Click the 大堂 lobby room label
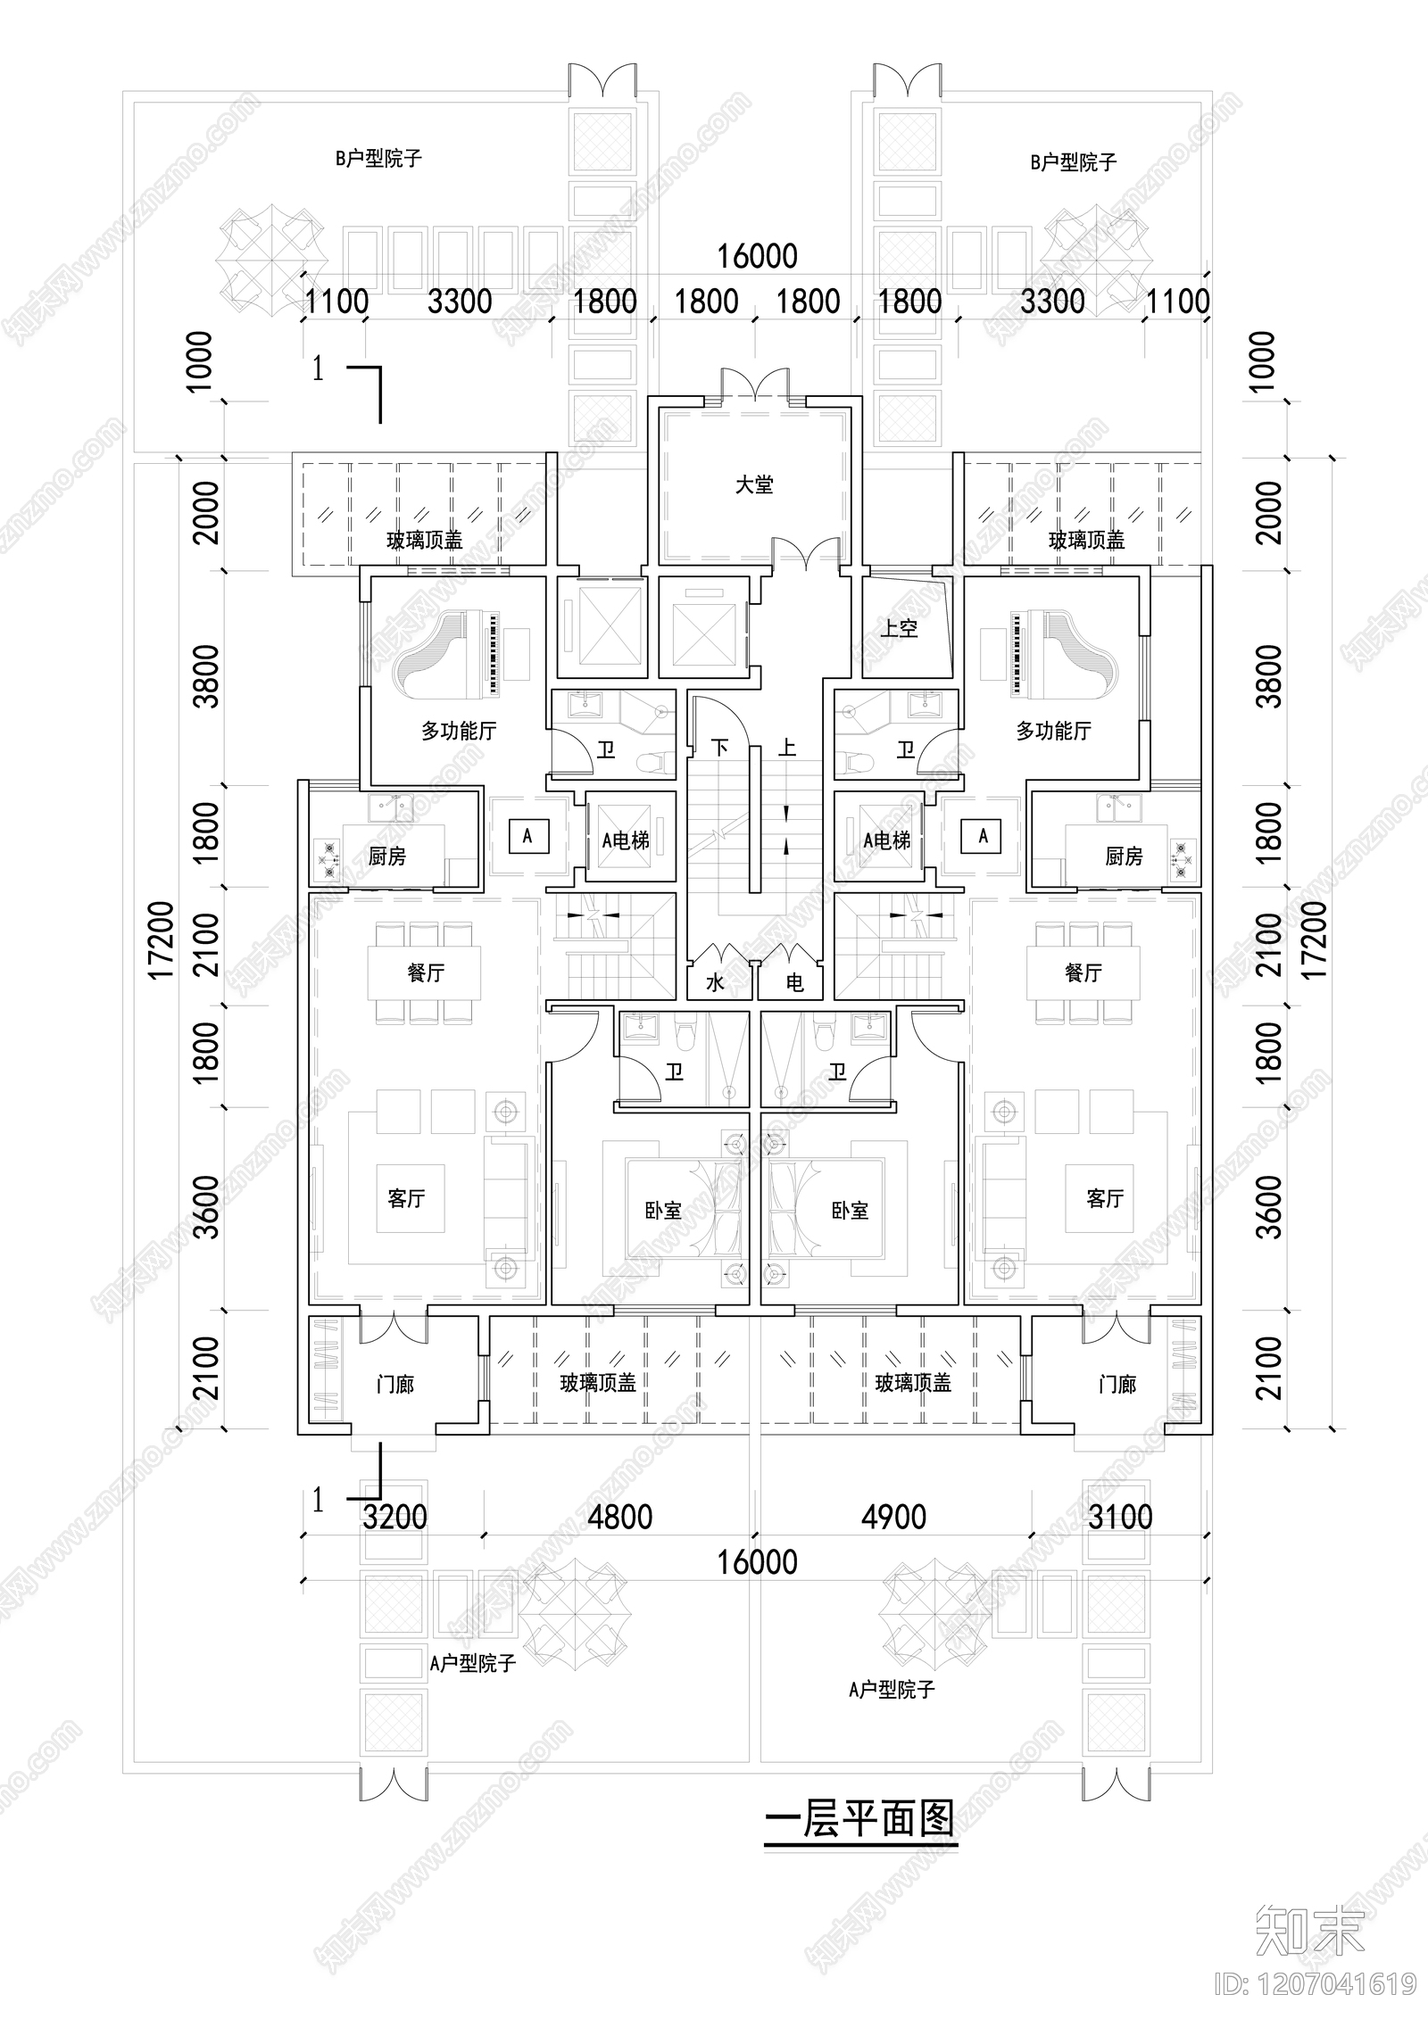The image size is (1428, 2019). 754,484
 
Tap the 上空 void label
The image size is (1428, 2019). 899,628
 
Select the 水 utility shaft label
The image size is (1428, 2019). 715,983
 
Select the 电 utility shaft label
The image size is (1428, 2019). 794,983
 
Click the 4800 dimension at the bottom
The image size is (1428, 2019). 619,1517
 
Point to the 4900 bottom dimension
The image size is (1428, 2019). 893,1517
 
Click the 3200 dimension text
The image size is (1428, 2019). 394,1517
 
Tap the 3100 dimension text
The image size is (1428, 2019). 1120,1517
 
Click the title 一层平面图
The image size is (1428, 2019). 859,1816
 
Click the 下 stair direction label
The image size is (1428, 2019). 720,747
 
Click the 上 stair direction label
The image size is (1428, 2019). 786,747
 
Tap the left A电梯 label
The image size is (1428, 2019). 626,840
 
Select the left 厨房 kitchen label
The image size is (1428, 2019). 386,856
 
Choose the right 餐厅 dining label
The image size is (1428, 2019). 1083,972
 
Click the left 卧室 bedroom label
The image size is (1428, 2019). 663,1210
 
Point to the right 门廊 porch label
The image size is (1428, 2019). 1117,1385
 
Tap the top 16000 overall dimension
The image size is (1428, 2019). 757,257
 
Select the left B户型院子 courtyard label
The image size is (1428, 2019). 378,159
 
